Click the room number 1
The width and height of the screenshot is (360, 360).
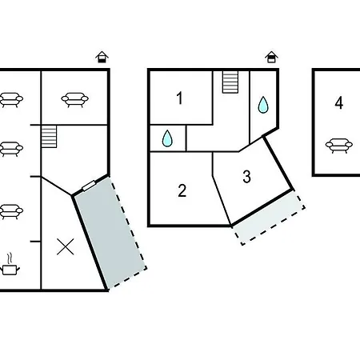[x=180, y=98]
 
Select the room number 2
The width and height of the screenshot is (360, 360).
[x=182, y=190]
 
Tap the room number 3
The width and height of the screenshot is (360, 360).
[x=247, y=177]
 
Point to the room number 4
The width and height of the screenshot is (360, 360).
[x=339, y=103]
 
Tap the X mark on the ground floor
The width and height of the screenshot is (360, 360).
[x=66, y=246]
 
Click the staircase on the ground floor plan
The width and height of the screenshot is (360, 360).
[x=49, y=137]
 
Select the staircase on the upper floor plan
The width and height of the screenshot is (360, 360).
[x=230, y=82]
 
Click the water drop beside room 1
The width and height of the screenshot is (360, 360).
[x=167, y=138]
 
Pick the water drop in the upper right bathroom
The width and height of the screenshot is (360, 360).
[x=263, y=105]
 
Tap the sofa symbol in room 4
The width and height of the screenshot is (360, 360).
[x=339, y=146]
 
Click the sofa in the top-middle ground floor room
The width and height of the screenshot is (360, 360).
[x=74, y=100]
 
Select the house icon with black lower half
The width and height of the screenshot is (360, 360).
[x=102, y=57]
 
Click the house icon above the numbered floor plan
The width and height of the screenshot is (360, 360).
[x=271, y=57]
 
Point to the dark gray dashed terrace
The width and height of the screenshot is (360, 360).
[x=110, y=232]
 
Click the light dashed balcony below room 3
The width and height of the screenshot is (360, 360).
[x=268, y=217]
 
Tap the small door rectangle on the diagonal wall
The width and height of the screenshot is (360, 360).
[x=89, y=186]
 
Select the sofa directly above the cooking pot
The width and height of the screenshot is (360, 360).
[x=10, y=212]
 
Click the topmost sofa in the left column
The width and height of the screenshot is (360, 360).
[x=10, y=100]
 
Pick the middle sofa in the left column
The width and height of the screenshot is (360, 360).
[x=10, y=149]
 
